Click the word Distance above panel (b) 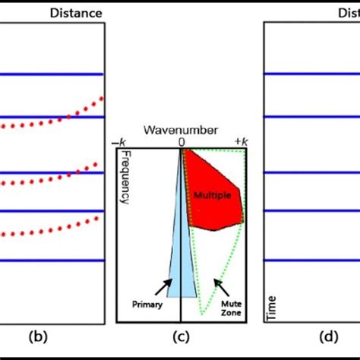tap(76, 12)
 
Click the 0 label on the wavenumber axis tap(182, 142)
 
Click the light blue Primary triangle tap(181, 258)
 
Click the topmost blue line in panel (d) tap(311, 74)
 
